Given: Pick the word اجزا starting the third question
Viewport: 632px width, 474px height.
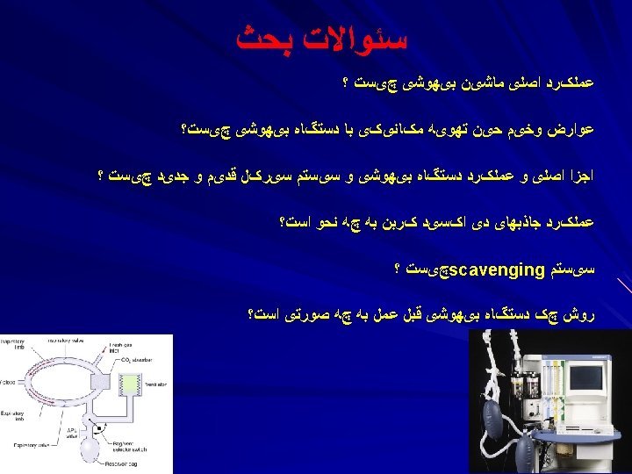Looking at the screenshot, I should click(579, 176).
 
